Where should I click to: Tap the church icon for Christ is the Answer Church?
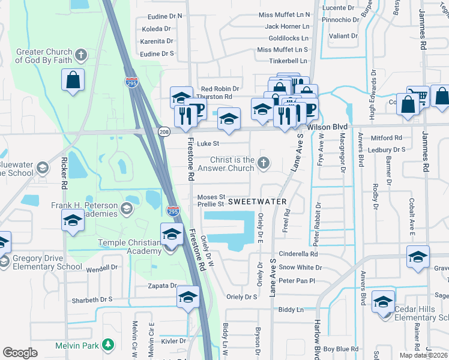pos(264,163)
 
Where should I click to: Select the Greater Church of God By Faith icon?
pos(82,56)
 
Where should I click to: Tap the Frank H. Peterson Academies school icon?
pos(126,209)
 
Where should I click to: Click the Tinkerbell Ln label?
pos(288,61)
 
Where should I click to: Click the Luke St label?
pos(208,144)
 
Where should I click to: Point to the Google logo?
pos(20,353)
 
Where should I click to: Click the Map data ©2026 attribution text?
pos(423,355)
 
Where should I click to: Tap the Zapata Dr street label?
pos(163,286)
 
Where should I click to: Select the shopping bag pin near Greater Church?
pos(73,80)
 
